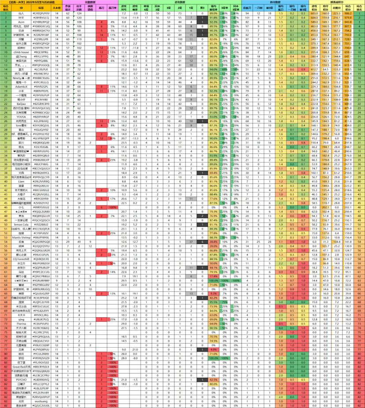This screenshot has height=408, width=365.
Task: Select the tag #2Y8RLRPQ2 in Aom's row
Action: (41, 21)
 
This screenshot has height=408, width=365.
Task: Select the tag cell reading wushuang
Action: (41, 401)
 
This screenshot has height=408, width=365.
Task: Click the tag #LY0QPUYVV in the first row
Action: (41, 13)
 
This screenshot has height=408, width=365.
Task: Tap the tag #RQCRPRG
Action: (41, 52)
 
